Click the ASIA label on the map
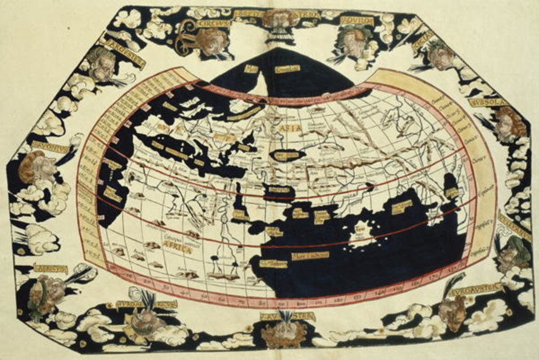coord(293,128)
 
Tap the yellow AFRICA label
coord(177,249)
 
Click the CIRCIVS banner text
coord(213,23)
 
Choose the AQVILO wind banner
coord(356,21)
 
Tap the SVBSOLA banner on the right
coord(487,102)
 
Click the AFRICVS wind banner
coord(51,269)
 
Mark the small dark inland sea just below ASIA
coord(287,155)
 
